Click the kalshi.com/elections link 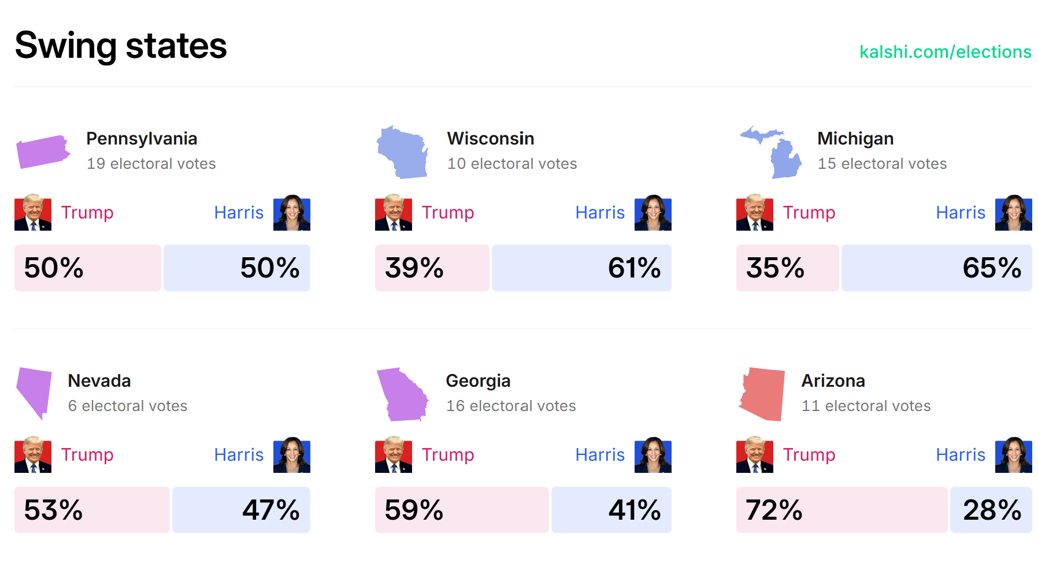(x=945, y=52)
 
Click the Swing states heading (x=121, y=46)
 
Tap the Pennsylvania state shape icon (x=42, y=151)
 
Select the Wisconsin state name (x=490, y=139)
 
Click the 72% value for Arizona (x=774, y=510)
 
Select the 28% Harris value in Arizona (x=992, y=510)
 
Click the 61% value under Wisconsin (x=634, y=268)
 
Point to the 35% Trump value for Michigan (x=775, y=268)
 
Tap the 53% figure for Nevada (x=53, y=510)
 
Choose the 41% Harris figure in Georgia (x=634, y=510)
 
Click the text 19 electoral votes (x=151, y=164)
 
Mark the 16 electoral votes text (x=511, y=406)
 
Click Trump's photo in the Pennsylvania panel (x=33, y=213)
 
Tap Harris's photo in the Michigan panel (x=1013, y=213)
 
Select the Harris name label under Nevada (x=239, y=455)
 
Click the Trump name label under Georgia (x=448, y=455)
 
